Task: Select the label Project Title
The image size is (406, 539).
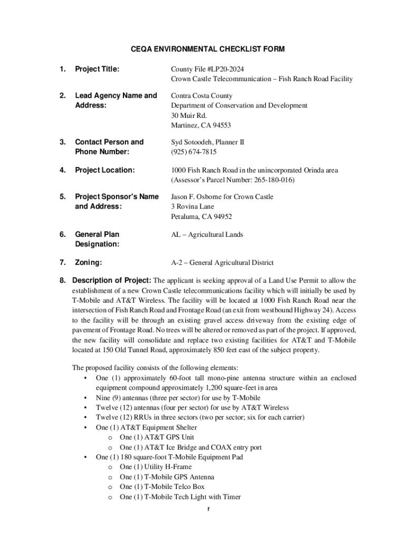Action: point(97,69)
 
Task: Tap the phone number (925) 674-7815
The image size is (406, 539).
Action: point(194,152)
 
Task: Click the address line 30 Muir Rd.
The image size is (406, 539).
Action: point(189,115)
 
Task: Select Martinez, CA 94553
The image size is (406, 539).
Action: point(201,125)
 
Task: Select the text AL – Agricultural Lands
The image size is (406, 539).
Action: point(207,235)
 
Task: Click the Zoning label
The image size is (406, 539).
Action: point(89,262)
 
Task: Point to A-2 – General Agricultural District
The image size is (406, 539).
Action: point(222,263)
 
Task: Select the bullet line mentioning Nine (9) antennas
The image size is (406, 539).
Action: point(178,398)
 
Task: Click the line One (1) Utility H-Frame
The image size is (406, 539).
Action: point(155,467)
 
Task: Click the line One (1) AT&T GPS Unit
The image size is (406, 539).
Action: point(157,437)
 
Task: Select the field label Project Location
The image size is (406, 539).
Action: point(104,170)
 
